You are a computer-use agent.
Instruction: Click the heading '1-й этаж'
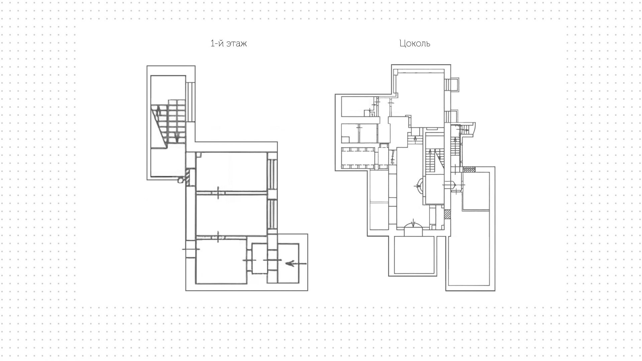pyautogui.click(x=229, y=44)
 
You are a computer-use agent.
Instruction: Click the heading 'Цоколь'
pyautogui.click(x=415, y=44)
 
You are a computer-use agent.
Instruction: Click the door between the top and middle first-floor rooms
pyautogui.click(x=218, y=193)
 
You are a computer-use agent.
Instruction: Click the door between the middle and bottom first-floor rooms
pyautogui.click(x=218, y=236)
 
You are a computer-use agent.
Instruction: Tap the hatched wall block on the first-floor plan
pyautogui.click(x=192, y=177)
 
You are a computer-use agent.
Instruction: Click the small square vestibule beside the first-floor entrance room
pyautogui.click(x=259, y=258)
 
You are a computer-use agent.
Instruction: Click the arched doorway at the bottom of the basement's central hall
pyautogui.click(x=414, y=225)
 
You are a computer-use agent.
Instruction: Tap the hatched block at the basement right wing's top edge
pyautogui.click(x=468, y=169)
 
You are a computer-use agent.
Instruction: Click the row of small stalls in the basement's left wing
pyautogui.click(x=358, y=158)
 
